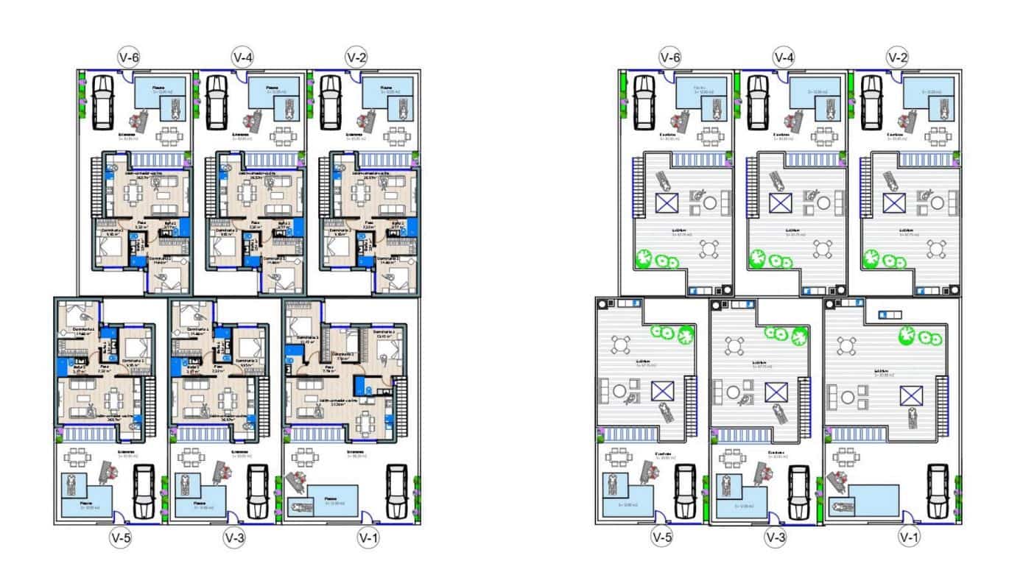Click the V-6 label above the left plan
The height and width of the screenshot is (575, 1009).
tap(130, 57)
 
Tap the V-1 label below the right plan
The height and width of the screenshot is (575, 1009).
tap(910, 537)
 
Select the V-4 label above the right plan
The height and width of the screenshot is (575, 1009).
tap(783, 57)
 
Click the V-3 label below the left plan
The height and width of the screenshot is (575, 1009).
tap(233, 538)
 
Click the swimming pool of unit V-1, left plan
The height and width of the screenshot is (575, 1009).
tap(333, 501)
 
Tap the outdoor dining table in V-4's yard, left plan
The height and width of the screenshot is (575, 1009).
tap(284, 137)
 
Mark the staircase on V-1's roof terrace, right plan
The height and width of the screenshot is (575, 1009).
tap(945, 398)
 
